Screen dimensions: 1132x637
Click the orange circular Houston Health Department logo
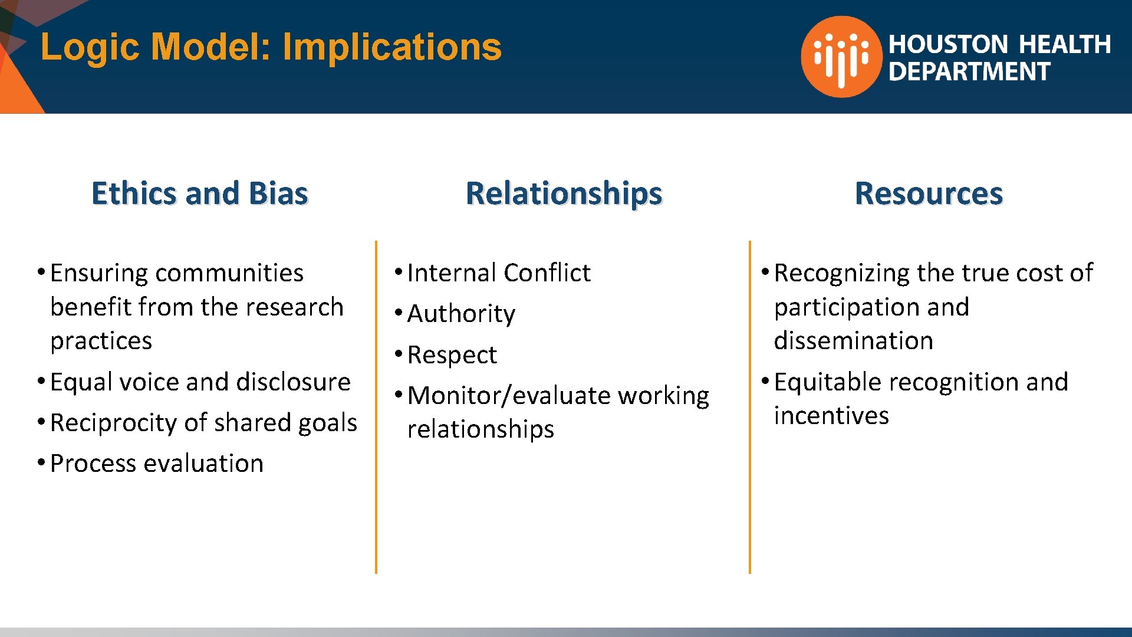point(841,57)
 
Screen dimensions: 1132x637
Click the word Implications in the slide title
point(392,47)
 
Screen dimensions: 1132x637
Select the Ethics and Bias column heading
point(200,193)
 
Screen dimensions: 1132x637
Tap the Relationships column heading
point(564,193)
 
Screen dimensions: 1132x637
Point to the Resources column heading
point(929,193)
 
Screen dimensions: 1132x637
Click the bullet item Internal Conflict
point(498,273)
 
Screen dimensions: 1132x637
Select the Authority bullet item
point(461,314)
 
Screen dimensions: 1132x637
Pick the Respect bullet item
point(452,355)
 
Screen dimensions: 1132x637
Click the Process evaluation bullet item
point(157,464)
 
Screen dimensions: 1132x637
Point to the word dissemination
point(853,341)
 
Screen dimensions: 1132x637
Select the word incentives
point(831,416)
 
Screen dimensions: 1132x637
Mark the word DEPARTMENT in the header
point(969,72)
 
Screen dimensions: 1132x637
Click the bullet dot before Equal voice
point(41,381)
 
